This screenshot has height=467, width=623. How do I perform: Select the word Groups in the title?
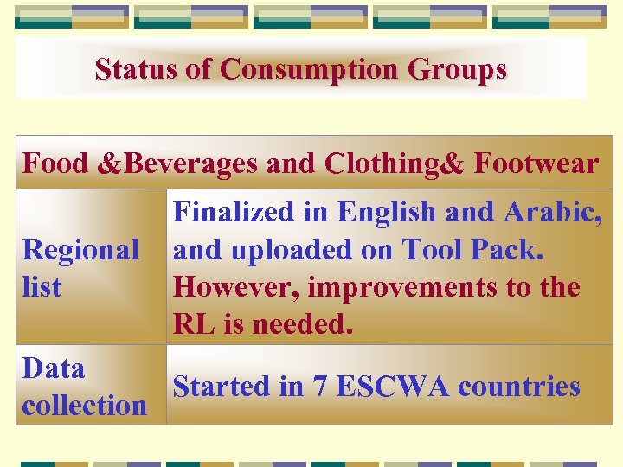459,69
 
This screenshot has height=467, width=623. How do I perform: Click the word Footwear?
536,163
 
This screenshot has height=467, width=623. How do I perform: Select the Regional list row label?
80,267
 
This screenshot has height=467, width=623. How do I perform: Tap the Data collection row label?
84,387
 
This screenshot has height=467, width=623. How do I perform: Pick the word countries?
519,387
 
